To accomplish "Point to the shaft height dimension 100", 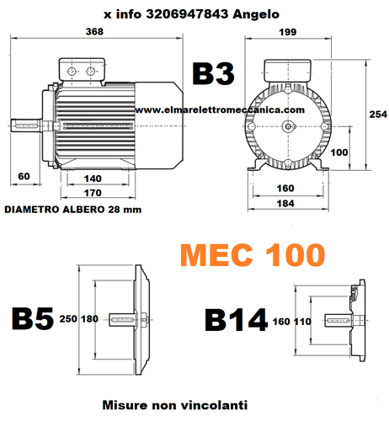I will pos(338,152).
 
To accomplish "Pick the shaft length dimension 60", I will pos(23,177).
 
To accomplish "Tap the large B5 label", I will pos(32,320).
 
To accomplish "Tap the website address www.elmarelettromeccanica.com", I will pos(218,110).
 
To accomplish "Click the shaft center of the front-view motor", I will pos(289,127).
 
